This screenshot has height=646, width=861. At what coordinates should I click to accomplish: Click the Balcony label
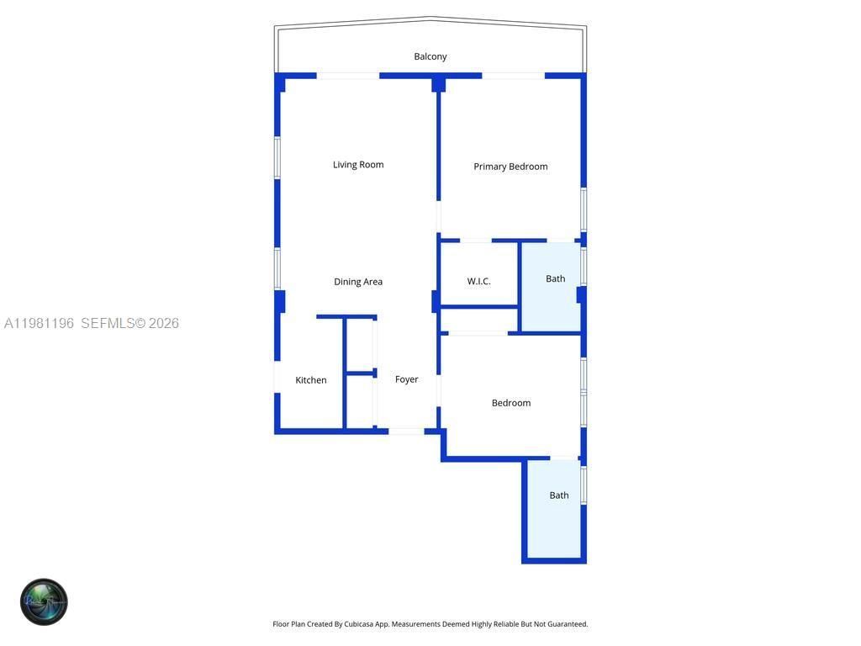coord(430,56)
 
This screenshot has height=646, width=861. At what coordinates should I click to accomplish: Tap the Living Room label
coord(358,165)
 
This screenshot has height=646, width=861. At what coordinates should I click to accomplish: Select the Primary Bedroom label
coord(510,167)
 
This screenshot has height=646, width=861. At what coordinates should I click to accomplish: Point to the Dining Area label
coord(358,282)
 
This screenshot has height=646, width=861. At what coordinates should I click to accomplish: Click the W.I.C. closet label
coord(478,281)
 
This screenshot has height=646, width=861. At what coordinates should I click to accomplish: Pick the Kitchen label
coord(311,380)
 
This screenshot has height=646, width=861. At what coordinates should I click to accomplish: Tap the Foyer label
coord(407,379)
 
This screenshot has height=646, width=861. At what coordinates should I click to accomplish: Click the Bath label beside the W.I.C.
coord(555,278)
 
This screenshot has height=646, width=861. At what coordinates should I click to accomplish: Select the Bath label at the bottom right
coord(559,495)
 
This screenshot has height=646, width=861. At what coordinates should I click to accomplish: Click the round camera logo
coord(44,601)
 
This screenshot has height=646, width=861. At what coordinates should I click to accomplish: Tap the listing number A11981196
coord(40,323)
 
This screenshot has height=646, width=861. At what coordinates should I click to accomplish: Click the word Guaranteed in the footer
coord(567,624)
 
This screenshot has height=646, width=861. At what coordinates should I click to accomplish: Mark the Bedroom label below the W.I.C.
coord(511,403)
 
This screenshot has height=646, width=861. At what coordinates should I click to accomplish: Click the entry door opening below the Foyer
coord(406,432)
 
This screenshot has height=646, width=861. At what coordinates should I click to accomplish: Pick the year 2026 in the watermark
coord(164,323)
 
